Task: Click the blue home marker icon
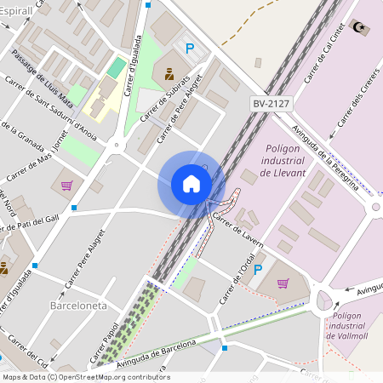[191, 184]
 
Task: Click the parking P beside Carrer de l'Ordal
[258, 270]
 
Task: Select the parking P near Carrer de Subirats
[190, 49]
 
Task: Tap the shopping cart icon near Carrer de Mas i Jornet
[66, 185]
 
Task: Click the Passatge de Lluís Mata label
[49, 80]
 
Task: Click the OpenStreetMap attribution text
[85, 377]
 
